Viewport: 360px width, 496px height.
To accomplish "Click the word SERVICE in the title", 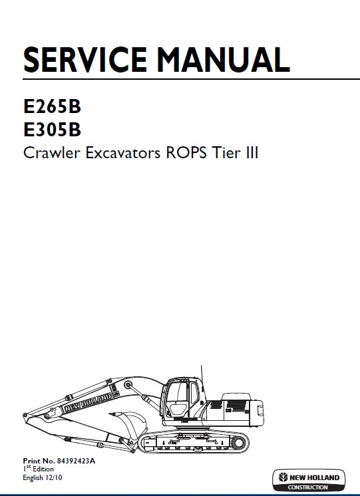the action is click(85, 60).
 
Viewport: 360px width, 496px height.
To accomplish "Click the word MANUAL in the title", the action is click(224, 60).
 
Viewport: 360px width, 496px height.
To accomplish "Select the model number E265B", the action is click(53, 106).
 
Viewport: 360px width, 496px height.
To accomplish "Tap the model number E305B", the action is click(53, 130).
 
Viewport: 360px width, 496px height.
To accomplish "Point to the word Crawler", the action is click(52, 153).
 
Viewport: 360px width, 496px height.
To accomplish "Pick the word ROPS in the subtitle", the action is click(186, 153).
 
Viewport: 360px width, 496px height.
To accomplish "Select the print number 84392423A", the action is click(76, 461).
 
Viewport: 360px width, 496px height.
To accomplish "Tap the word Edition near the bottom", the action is click(43, 469).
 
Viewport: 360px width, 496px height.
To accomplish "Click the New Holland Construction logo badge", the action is click(309, 480).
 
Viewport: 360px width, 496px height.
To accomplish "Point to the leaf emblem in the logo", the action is click(283, 477).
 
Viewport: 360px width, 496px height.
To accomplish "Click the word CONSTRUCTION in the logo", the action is click(307, 487).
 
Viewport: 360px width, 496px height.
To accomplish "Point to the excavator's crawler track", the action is click(194, 442).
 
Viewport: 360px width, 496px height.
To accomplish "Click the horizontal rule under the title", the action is click(191, 78).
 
